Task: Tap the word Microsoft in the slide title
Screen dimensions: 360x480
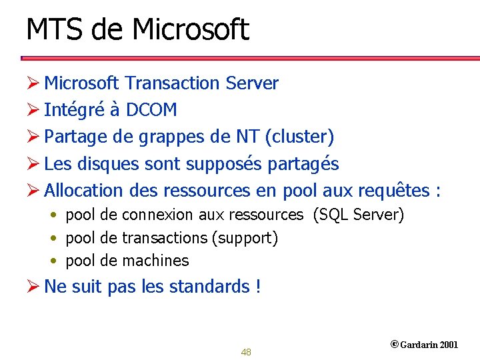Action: pyautogui.click(x=191, y=30)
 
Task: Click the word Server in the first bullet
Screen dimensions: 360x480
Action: pyautogui.click(x=252, y=83)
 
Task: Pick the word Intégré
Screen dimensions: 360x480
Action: pyautogui.click(x=71, y=110)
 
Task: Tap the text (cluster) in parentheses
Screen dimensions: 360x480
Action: pyautogui.click(x=299, y=137)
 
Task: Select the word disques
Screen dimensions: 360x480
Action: pyautogui.click(x=106, y=164)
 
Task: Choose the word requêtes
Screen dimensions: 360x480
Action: pyautogui.click(x=393, y=191)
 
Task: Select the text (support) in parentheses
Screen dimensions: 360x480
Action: pyautogui.click(x=245, y=238)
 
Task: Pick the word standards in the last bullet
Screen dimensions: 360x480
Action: pyautogui.click(x=209, y=287)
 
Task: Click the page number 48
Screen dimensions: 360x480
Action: pyautogui.click(x=246, y=352)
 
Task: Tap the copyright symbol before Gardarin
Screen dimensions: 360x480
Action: pyautogui.click(x=394, y=345)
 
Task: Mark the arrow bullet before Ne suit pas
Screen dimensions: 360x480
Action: pyautogui.click(x=34, y=287)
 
